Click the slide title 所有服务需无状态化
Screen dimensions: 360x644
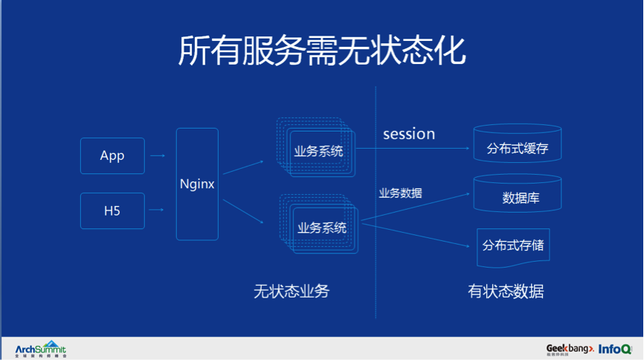tap(321, 51)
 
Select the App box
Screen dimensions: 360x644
tap(112, 156)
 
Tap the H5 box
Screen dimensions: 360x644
tap(112, 211)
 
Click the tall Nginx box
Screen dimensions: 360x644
tap(197, 184)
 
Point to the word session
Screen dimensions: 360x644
tap(409, 134)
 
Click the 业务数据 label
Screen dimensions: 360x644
tap(400, 193)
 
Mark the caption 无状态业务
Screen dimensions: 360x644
tap(291, 292)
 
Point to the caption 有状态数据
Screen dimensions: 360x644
tap(506, 292)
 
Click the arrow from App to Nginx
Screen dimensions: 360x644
tap(157, 156)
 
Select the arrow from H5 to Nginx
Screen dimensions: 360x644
tap(157, 211)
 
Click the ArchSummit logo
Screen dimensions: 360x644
tap(41, 349)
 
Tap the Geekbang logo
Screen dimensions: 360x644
tap(570, 349)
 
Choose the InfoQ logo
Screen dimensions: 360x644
tap(615, 348)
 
